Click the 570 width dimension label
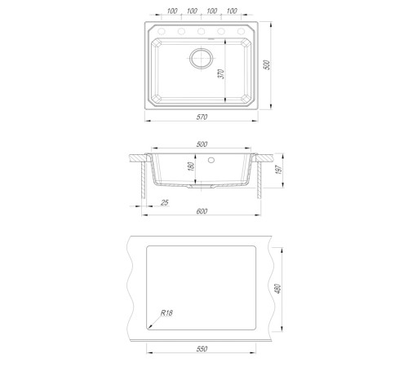[x=202, y=117]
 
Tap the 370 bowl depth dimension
[x=221, y=74]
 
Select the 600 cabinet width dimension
[x=202, y=211]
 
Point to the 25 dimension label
[x=165, y=202]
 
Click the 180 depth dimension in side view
[x=191, y=166]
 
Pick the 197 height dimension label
[x=279, y=170]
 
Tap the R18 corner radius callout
[x=166, y=313]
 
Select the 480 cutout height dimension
[x=278, y=289]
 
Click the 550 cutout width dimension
[x=202, y=349]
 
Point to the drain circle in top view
[x=201, y=58]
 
